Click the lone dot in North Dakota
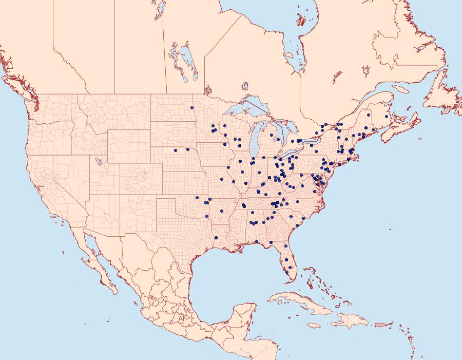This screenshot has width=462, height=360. (191, 108)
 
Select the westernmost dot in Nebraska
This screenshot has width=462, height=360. (176, 150)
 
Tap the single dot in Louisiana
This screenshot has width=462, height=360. (216, 237)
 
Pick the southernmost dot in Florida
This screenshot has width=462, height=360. (286, 273)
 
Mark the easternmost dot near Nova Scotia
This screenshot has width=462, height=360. (387, 117)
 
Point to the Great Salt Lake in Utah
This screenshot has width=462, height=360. (98, 162)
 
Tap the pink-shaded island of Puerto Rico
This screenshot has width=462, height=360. (379, 324)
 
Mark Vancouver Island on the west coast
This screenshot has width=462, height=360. (21, 87)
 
